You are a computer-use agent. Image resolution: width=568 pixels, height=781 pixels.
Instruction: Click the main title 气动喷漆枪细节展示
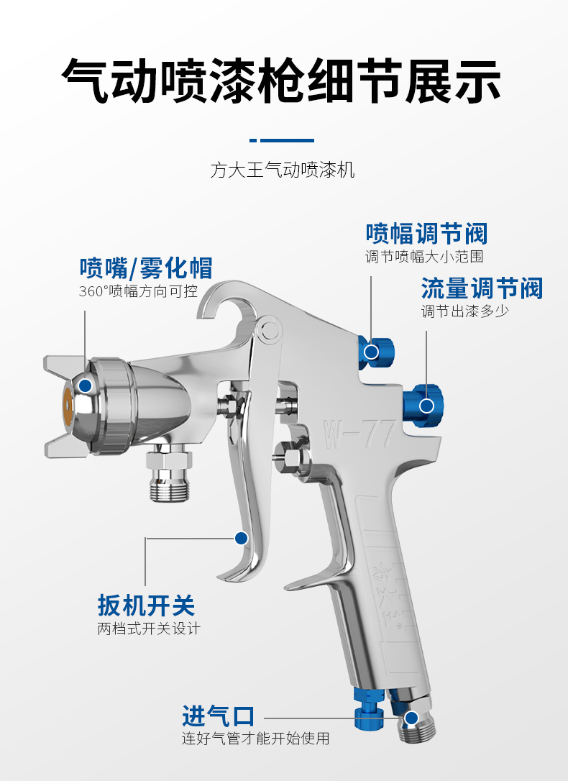click(281, 81)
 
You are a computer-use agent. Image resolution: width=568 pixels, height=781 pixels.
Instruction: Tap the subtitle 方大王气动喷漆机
click(283, 170)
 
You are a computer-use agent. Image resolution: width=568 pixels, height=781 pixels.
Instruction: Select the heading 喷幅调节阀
click(426, 234)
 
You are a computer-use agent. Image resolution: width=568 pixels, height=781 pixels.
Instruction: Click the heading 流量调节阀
click(482, 289)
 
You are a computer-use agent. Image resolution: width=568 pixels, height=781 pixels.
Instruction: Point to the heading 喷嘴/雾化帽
click(146, 268)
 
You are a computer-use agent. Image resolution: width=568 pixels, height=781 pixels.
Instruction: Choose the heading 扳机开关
click(146, 606)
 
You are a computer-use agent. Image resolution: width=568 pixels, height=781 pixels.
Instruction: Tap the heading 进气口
click(218, 716)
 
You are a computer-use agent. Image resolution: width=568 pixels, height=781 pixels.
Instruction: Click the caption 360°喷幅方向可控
click(138, 291)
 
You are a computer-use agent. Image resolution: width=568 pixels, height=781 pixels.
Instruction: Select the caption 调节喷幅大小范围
click(424, 257)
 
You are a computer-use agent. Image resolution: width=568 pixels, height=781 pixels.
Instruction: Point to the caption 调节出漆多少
click(465, 311)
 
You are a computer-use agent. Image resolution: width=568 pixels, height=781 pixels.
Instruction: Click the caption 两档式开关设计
click(148, 629)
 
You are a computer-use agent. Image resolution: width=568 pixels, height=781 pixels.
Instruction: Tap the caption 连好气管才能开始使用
click(255, 738)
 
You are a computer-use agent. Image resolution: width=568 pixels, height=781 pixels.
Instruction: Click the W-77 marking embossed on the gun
click(359, 434)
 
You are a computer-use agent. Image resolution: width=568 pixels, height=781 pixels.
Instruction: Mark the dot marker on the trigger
click(242, 538)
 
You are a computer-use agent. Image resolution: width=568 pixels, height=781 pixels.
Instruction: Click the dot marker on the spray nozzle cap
click(85, 385)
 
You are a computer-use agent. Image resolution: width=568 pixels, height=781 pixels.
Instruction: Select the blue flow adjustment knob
click(423, 406)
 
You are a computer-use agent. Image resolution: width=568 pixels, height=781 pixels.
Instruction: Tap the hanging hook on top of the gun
click(226, 303)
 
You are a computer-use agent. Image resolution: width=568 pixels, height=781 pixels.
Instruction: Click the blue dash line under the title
click(282, 140)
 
